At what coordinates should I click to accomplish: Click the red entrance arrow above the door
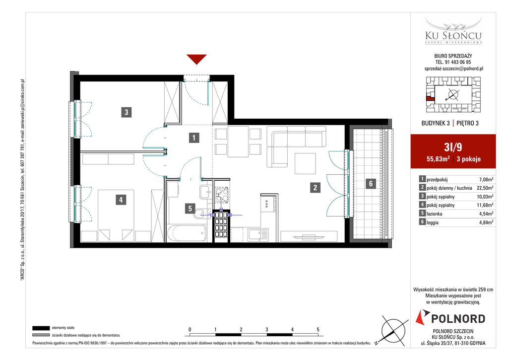coord(196,59)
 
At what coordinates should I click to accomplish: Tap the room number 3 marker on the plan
coord(127,112)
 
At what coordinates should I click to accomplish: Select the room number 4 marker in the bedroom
coord(121,200)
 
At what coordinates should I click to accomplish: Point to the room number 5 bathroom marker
coord(190,209)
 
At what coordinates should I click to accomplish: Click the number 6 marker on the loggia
coord(371,184)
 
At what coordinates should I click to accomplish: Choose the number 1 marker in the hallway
coord(194,138)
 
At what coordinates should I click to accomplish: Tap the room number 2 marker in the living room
coord(315,187)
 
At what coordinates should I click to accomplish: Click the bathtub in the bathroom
coord(187,233)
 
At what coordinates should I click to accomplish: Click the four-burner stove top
coord(222,195)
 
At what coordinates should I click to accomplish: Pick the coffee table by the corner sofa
coord(305,163)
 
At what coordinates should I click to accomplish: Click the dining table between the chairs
coord(238,142)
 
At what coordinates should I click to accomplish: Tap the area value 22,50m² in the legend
coord(485,188)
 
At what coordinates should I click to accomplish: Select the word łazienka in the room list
coord(435,214)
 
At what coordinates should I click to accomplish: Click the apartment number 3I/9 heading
coord(453,147)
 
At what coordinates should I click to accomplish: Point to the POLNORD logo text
coord(458,319)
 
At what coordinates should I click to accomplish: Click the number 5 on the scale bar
coord(318,330)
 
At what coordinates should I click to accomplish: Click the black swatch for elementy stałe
coord(41,328)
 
